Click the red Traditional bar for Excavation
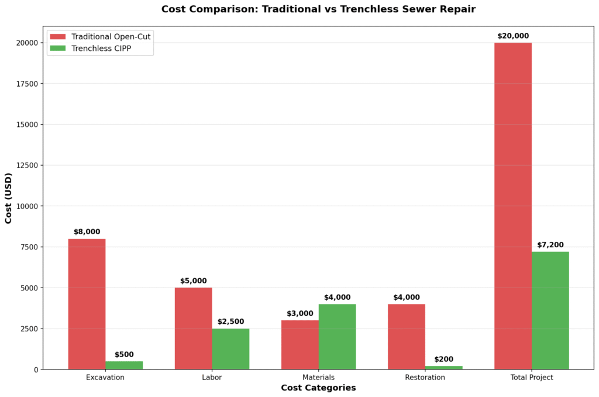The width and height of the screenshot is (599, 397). pos(87,304)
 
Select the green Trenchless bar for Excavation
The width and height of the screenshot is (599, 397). pos(124,365)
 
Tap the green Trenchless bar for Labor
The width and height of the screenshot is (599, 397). pos(230,349)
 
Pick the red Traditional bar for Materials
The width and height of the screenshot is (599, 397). pos(299,345)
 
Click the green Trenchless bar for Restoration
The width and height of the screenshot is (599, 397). pos(443,367)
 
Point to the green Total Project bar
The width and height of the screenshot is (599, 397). pos(550,310)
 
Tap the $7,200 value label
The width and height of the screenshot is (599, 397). pos(550,245)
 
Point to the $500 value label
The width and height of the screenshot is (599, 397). pos(124,354)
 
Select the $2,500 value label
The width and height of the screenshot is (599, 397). pos(230,321)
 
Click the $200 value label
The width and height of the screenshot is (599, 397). pos(443,359)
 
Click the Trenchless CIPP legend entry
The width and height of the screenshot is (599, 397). pos(99,49)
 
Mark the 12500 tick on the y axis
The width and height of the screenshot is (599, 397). pos(27,165)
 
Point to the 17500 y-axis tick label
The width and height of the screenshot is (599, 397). pos(27,84)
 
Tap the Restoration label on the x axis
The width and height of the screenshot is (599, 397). pos(425,377)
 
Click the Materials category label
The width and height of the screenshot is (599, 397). pos(318,377)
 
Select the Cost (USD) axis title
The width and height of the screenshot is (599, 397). pos(9,198)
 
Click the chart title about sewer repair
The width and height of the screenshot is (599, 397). pos(318,9)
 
